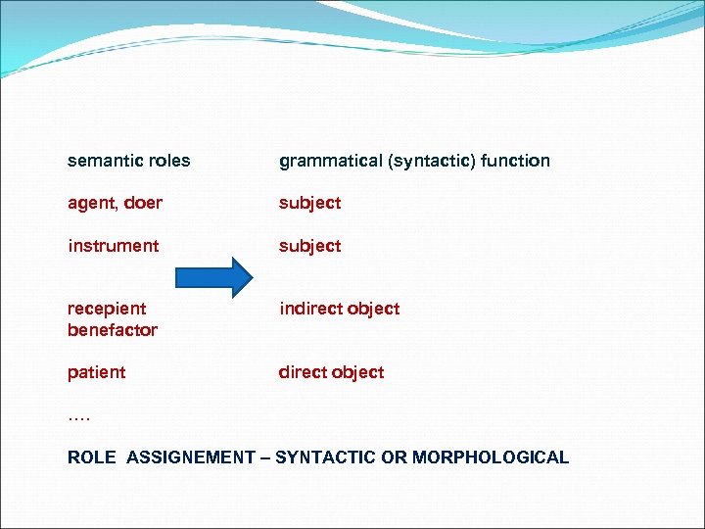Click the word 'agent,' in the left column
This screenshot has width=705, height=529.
pyautogui.click(x=91, y=204)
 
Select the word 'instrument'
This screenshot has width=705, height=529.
pyautogui.click(x=113, y=245)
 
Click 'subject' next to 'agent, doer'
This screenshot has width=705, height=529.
pyautogui.click(x=309, y=204)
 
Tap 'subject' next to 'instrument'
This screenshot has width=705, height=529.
pyautogui.click(x=309, y=246)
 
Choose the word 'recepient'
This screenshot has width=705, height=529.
pyautogui.click(x=107, y=310)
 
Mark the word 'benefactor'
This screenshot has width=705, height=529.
pyautogui.click(x=112, y=330)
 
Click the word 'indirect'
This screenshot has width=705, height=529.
pyautogui.click(x=310, y=309)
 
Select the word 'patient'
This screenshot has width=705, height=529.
pyautogui.click(x=96, y=372)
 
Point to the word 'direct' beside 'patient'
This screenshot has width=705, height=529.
pyautogui.click(x=303, y=372)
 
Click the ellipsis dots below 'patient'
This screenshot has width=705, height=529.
pyautogui.click(x=78, y=417)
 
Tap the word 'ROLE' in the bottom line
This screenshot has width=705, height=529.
pyautogui.click(x=92, y=457)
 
